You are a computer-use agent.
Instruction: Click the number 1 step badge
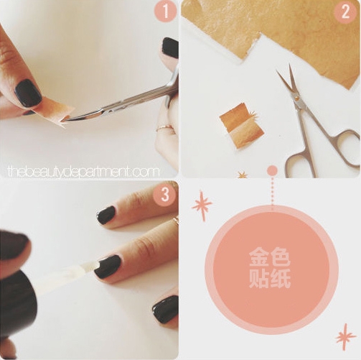point(165,11)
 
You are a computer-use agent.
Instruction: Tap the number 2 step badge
point(345,12)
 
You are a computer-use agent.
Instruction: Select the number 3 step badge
point(165,195)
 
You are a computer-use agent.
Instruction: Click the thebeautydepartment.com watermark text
point(83,172)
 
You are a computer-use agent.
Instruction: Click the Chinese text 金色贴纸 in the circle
point(270,268)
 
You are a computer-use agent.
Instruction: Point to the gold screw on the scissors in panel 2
point(297,97)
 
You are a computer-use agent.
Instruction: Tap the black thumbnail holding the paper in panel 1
point(28,93)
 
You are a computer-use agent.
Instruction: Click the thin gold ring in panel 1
point(166,128)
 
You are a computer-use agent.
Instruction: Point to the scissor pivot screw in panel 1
point(110,111)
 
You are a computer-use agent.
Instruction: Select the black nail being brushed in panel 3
point(107,267)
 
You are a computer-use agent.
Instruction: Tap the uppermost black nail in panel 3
point(107,215)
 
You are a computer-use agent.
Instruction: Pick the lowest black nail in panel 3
point(166,309)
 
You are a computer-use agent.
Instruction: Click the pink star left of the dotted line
point(202,206)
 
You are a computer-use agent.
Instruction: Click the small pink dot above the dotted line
point(272,171)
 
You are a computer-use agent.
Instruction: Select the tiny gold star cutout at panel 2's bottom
point(242,175)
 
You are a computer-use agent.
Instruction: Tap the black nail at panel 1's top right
point(171,48)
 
